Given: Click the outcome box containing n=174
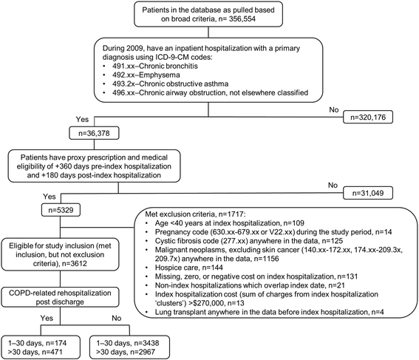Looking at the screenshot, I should (x=44, y=342).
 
